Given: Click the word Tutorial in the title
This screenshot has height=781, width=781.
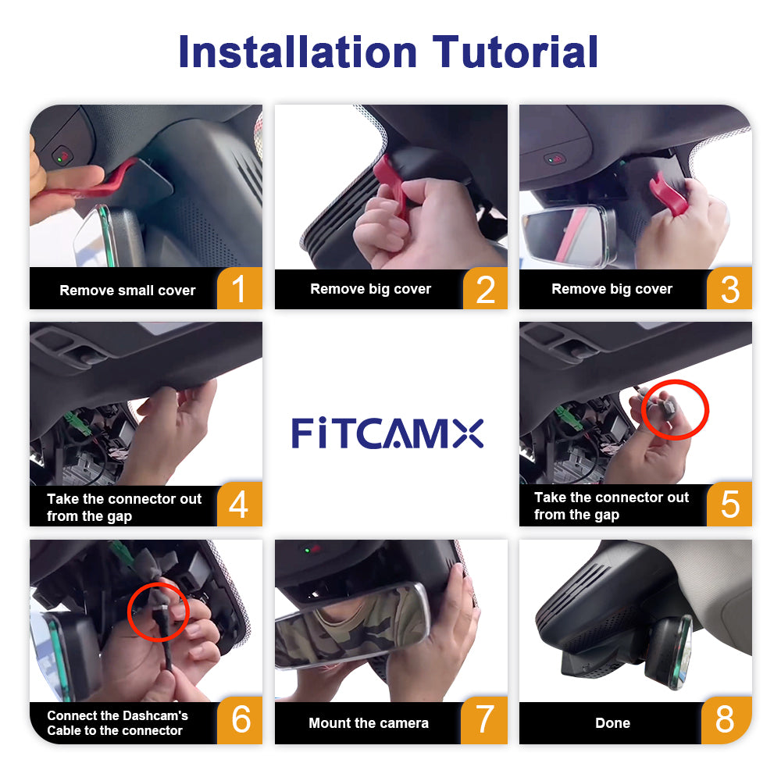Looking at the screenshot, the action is point(515,52).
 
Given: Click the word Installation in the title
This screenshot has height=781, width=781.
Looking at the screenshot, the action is point(298,52).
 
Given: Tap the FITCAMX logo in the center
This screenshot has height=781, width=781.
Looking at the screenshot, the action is point(387,433).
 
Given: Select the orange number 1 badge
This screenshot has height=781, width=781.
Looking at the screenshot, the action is point(240,288).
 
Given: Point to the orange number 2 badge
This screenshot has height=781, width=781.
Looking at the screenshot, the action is point(485,289).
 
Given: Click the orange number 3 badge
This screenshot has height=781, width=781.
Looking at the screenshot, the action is point(729,289).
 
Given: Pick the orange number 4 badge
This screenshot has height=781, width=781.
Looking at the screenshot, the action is point(240,504).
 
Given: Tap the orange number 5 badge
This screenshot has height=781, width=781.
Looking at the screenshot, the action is point(729,504).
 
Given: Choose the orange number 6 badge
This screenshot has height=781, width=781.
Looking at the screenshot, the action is point(240,720).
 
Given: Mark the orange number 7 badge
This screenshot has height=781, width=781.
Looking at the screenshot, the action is point(484,720).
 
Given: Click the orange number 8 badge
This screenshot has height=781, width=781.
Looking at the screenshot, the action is point(726,720).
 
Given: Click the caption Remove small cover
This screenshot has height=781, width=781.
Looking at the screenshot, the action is point(127,291).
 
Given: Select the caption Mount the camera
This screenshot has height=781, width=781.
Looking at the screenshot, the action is point(369,722).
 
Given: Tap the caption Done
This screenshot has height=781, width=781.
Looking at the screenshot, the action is point(612,722).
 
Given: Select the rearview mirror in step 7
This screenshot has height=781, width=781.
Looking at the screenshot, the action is point(351,625).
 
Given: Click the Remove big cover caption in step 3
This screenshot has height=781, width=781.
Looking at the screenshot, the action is point(612,289).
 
